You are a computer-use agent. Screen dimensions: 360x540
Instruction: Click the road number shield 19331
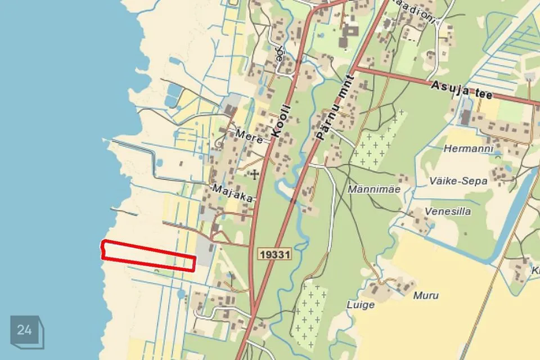click(276, 254)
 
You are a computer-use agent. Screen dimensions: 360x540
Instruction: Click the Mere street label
click(249, 136)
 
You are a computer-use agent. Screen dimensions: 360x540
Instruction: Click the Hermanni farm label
click(468, 149)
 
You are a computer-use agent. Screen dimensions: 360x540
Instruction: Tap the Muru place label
click(426, 295)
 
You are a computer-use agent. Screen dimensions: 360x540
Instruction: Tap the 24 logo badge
click(25, 330)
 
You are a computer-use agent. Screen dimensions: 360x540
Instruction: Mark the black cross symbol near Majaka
click(255, 174)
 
